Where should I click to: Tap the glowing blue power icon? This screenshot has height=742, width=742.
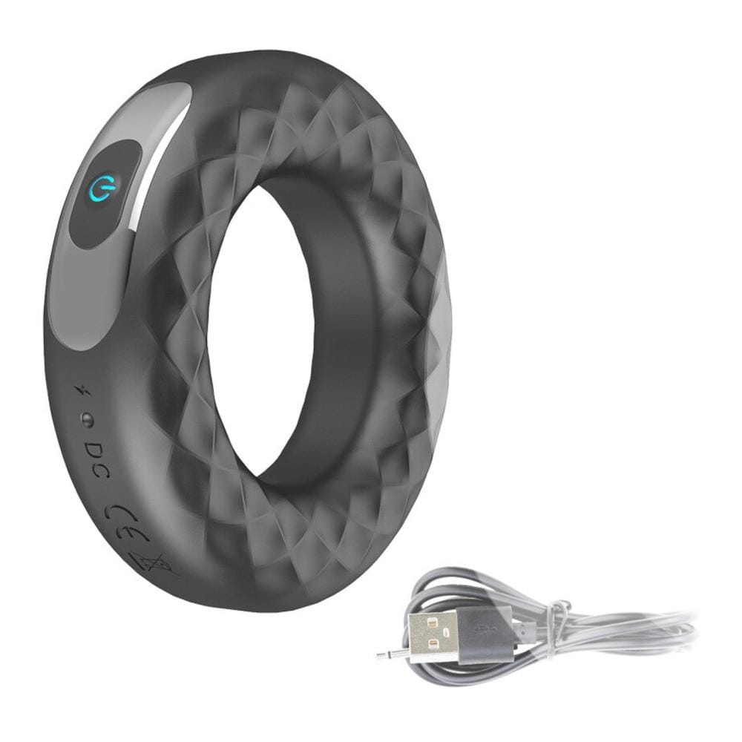tap(102, 192)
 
